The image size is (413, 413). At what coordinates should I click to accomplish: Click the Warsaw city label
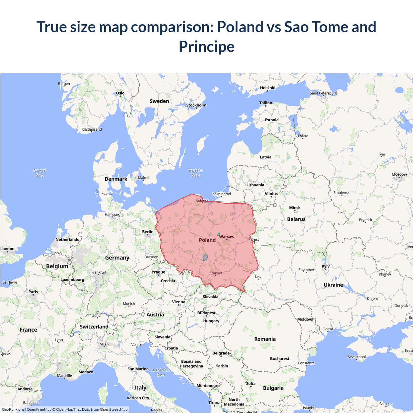coord(227,237)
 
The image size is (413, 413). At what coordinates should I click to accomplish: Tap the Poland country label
coord(207,240)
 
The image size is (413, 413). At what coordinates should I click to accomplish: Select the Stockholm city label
coord(196,105)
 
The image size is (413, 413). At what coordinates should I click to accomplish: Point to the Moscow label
coord(399,174)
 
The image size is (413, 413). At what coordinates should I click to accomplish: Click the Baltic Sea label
coord(196,173)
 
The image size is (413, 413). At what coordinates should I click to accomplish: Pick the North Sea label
coord(40,173)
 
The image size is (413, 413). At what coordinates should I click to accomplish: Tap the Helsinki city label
coord(267,88)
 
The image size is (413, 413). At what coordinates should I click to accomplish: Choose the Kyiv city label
coord(326,266)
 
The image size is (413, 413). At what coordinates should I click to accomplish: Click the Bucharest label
coord(279,358)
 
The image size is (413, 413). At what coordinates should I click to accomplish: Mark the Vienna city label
coord(178,302)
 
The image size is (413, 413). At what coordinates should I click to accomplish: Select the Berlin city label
coord(148,232)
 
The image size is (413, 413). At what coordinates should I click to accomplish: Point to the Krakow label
coord(216,273)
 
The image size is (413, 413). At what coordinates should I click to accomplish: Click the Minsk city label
coord(295,208)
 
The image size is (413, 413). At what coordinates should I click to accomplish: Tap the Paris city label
coord(33,292)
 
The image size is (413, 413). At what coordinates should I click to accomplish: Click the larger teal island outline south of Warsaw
coord(205,257)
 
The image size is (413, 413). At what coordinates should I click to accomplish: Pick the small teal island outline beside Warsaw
coord(218,234)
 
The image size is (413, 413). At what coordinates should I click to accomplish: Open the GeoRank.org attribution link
coord(13,409)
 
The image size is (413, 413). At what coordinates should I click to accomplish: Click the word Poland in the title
coord(240,27)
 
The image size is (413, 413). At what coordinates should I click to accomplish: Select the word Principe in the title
coord(206,46)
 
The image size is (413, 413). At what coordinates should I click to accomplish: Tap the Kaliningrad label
coord(221,194)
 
